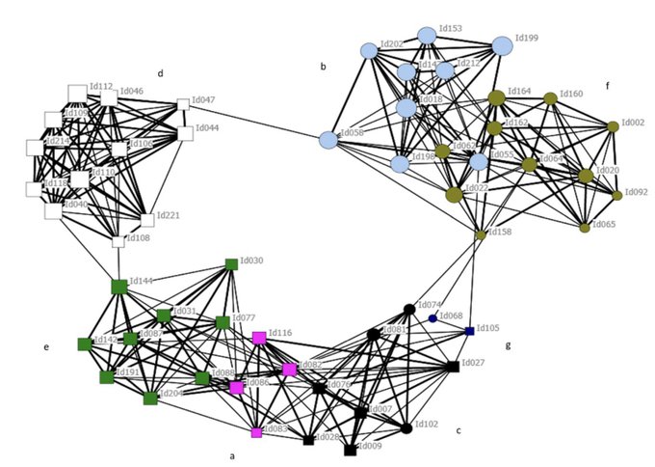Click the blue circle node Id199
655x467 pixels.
(x=502, y=45)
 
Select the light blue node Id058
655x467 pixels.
(x=327, y=140)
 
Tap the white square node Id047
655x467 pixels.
(x=183, y=104)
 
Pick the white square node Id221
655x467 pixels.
(x=147, y=220)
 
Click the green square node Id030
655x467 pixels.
(x=231, y=263)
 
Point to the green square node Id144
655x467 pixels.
(x=119, y=287)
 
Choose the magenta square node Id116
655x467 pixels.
(x=259, y=338)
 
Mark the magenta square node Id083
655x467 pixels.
(x=256, y=432)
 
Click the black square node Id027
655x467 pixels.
(x=453, y=367)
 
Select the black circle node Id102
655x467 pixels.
(x=406, y=426)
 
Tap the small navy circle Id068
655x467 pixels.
(x=432, y=318)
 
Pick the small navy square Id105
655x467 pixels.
(x=469, y=331)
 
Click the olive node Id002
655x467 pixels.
(x=613, y=126)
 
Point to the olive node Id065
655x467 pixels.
(x=585, y=228)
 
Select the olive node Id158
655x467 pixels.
(x=480, y=234)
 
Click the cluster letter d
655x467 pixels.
(x=161, y=72)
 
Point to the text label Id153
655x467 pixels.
(x=452, y=29)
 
